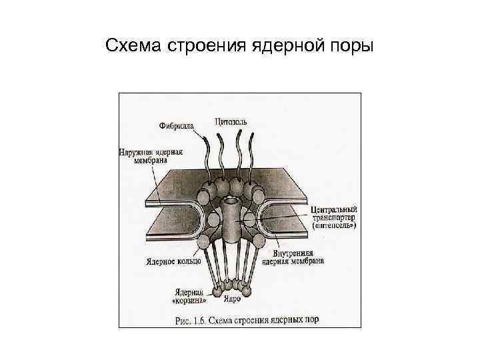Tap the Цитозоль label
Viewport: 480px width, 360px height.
coord(232,121)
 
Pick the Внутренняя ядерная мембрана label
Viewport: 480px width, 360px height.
coord(298,257)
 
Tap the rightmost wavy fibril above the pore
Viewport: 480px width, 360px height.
coord(252,155)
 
